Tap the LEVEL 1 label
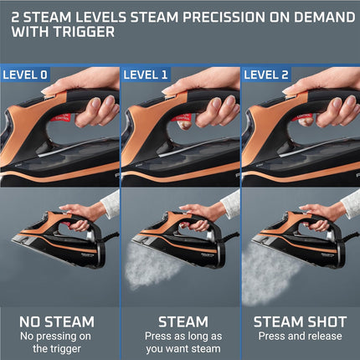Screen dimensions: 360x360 tap(146, 75)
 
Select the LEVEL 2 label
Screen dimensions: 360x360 tap(266, 75)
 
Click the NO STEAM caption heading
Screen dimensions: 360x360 tap(58, 321)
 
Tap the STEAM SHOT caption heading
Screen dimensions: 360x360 tap(299, 321)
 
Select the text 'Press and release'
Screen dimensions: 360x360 tap(299, 336)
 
